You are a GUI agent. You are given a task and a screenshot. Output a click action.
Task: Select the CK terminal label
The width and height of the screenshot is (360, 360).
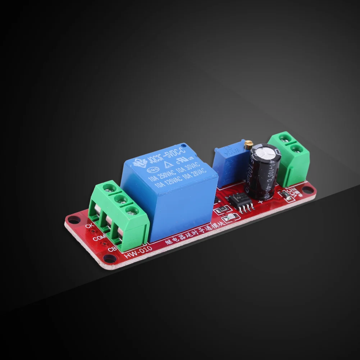[x=90, y=226]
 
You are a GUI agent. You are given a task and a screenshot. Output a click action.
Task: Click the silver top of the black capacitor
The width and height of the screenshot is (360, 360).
[x=265, y=153]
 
